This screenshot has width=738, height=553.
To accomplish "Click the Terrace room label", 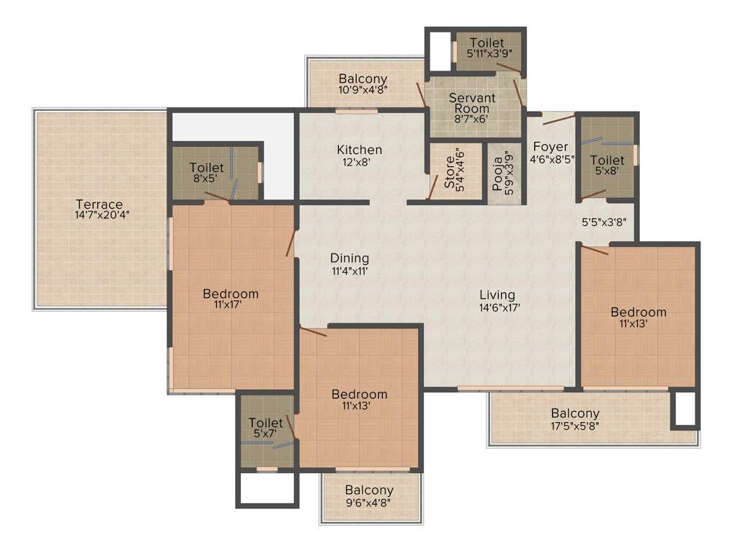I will [99, 204].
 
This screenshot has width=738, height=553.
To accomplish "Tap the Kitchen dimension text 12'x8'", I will [359, 163].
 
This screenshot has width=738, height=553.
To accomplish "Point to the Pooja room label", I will [498, 174].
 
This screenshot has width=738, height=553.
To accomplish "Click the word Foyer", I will [551, 148].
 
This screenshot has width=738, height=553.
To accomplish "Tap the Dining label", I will [350, 258].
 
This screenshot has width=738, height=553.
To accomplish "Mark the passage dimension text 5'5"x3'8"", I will [606, 223].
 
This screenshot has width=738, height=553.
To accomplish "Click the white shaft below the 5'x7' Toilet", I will [267, 490].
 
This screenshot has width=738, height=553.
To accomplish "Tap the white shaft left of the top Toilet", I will [439, 51].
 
